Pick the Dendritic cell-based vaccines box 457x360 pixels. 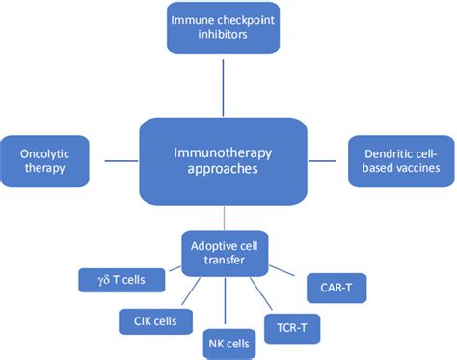click(x=403, y=160)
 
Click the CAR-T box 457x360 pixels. click(x=334, y=287)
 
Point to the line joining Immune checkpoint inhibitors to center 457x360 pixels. click(x=224, y=87)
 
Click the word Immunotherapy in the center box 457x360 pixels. click(x=224, y=150)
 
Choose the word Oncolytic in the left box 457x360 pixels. click(x=44, y=153)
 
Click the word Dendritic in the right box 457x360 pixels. click(x=392, y=151)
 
